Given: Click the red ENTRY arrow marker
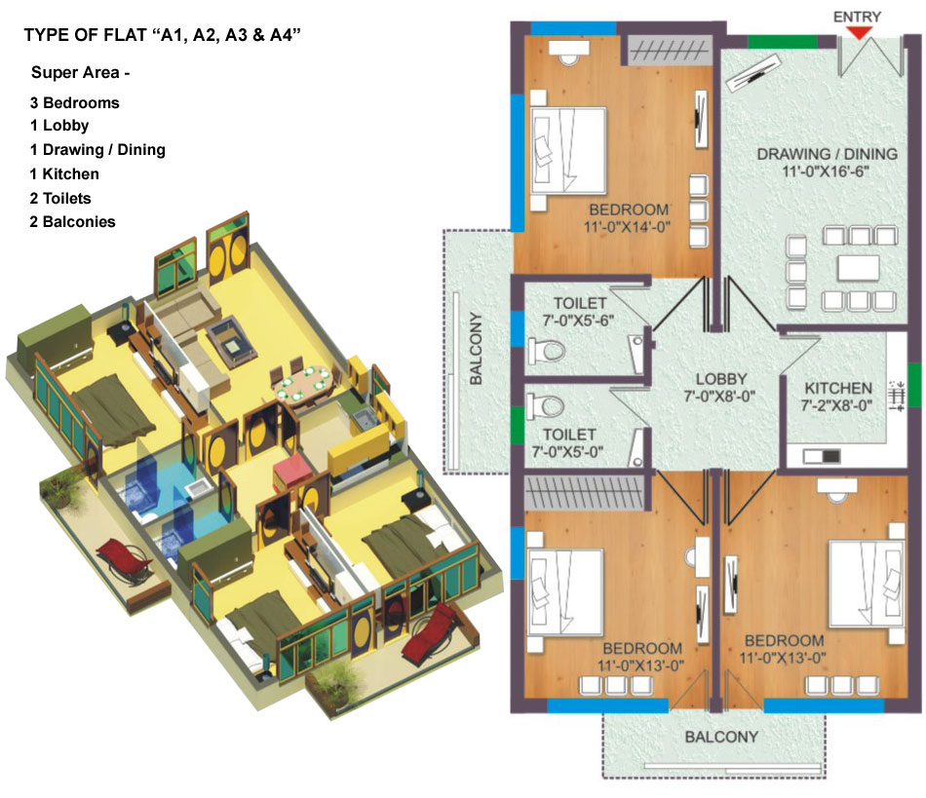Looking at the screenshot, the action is tap(858, 33).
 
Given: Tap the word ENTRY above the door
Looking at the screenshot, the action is tap(857, 18).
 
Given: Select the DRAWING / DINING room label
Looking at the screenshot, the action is tap(827, 154).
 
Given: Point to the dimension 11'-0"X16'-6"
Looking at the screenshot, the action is tap(826, 171).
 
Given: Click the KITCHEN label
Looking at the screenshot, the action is tap(838, 389).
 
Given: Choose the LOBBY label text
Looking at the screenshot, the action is tap(721, 379).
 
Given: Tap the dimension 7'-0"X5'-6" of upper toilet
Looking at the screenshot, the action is tap(578, 321).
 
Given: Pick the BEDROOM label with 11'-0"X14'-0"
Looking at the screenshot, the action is tap(629, 210).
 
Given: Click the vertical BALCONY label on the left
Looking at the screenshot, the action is tap(476, 349).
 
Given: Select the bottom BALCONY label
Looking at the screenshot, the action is tap(721, 738).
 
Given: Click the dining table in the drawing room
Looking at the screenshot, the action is tap(859, 268).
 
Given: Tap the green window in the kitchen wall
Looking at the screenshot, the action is tap(914, 385).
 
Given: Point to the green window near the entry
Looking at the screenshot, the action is tap(783, 41).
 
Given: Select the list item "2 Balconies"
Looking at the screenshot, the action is tap(73, 222).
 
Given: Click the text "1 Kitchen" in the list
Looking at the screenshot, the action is tap(64, 174).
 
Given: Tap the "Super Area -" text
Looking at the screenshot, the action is tap(80, 73).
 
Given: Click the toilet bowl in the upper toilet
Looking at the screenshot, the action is tap(546, 351).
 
